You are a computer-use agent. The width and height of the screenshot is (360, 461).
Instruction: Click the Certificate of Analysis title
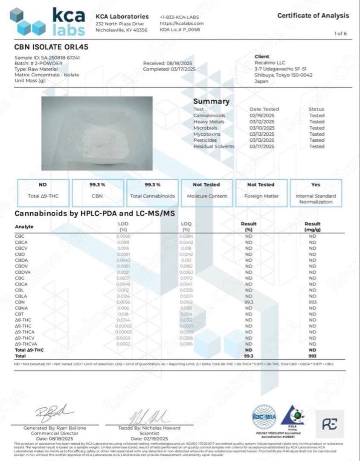313,15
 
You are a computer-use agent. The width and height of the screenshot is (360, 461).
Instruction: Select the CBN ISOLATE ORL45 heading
52,47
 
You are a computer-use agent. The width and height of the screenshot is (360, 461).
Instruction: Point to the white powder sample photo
97,134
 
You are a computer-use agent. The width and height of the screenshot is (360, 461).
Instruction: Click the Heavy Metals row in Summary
209,122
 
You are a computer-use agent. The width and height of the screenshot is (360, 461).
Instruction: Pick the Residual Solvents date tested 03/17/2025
262,146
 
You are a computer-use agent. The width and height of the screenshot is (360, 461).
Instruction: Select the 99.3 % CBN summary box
98,190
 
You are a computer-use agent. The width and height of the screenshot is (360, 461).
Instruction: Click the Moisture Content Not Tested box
206,190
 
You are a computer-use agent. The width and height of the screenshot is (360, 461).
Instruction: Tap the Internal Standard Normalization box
316,193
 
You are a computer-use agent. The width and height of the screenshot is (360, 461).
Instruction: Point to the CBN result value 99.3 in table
249,302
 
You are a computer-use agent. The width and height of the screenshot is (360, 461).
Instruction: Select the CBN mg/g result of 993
313,302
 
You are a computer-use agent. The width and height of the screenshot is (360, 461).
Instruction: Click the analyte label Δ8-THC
22,319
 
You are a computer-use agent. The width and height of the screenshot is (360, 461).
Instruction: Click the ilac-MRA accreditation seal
264,414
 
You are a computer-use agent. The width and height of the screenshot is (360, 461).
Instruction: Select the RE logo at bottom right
330,424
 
